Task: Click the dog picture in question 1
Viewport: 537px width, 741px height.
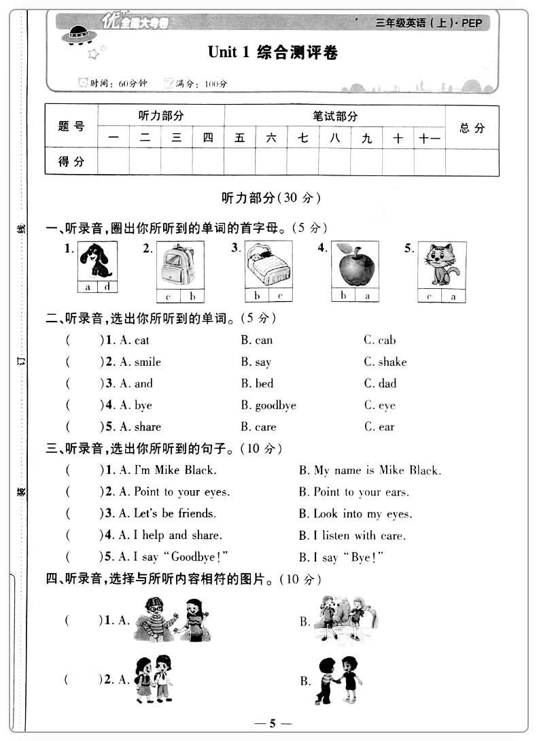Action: [97, 260]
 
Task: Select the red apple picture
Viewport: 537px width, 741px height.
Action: [355, 264]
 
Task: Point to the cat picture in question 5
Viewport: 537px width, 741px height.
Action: [442, 264]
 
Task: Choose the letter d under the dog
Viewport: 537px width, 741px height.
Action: [107, 287]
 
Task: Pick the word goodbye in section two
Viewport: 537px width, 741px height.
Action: [275, 405]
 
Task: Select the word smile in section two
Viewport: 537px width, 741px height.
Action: [148, 362]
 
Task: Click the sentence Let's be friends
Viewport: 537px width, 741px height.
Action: [175, 513]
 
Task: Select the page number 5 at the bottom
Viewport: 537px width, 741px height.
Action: [271, 723]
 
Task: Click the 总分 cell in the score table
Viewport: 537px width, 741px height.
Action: [472, 128]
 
